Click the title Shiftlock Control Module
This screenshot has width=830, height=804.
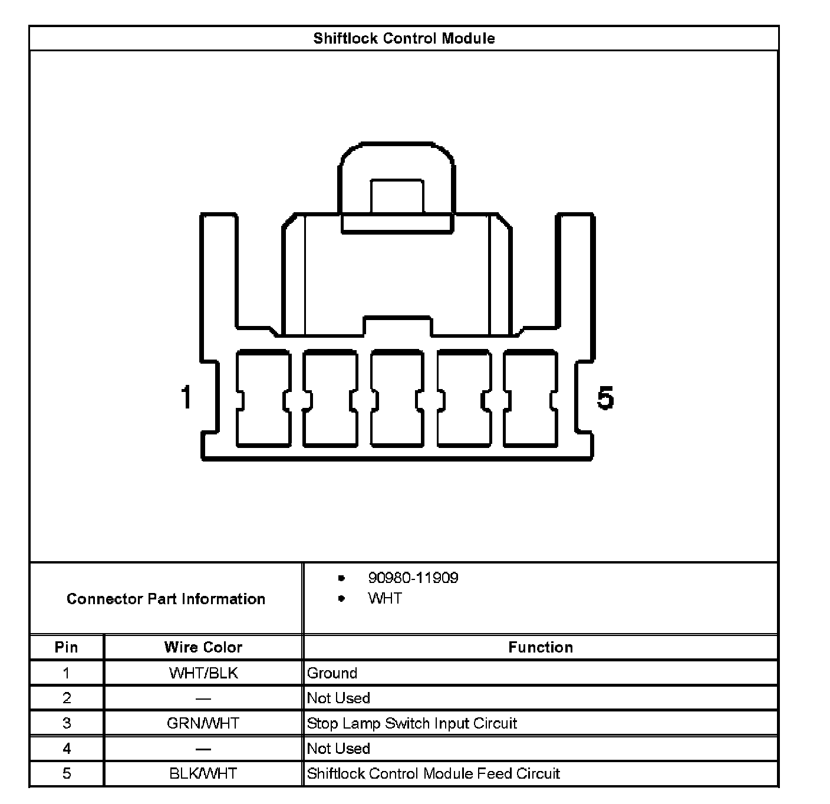(x=404, y=38)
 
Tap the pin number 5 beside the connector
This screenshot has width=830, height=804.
(x=605, y=398)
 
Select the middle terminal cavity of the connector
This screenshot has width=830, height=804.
(x=397, y=398)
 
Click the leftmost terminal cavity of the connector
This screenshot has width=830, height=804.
(x=263, y=398)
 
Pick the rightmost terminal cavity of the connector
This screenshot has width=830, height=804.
(x=531, y=398)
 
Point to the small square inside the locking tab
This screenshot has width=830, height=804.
(x=397, y=196)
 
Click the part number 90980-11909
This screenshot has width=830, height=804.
(x=413, y=578)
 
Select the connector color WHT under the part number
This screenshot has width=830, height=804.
(x=385, y=598)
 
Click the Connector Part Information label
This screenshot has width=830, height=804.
(x=166, y=599)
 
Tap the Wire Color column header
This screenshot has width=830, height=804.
(x=203, y=647)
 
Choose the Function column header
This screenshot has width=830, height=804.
(x=541, y=647)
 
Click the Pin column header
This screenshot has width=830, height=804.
(x=66, y=647)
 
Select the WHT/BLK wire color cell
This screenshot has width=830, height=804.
(x=203, y=673)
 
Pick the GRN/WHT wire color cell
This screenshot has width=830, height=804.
(x=203, y=723)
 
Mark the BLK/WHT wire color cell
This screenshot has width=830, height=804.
(x=203, y=773)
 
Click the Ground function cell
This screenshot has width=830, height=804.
(x=332, y=673)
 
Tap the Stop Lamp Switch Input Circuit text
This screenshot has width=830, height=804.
(x=412, y=723)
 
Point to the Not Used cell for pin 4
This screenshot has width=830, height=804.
(x=338, y=749)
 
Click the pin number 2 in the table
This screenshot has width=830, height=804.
(x=67, y=698)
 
